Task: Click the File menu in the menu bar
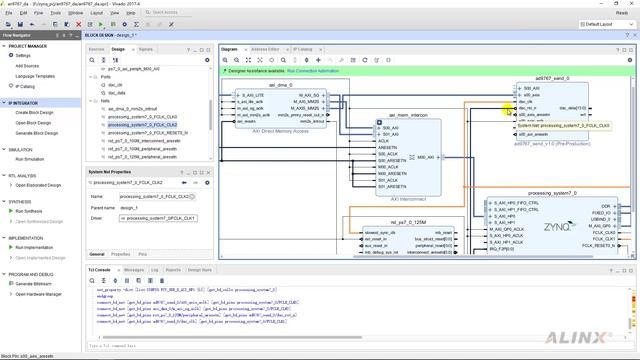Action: pos(6,13)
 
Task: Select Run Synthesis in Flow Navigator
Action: pos(29,211)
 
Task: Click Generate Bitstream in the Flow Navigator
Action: pos(35,283)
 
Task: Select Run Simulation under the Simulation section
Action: pos(30,159)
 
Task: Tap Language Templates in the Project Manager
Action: pos(35,76)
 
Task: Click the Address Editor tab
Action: pos(265,48)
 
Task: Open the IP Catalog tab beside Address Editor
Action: pos(303,48)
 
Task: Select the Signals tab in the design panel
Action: pos(146,48)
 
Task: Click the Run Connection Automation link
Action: pos(314,72)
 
